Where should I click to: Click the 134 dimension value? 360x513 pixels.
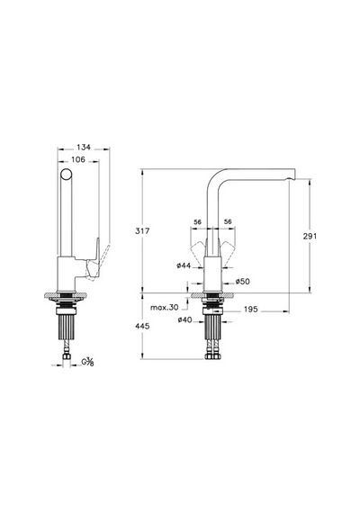coord(84,148)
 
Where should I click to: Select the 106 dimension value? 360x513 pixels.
coord(78,159)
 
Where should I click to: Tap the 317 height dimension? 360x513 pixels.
coord(142,231)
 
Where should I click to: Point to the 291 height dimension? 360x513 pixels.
coord(310,236)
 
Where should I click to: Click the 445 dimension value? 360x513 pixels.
coord(142,326)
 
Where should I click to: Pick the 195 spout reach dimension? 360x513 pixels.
coord(251,310)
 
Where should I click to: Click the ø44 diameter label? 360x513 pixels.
coord(184,265)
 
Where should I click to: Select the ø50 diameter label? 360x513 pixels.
coord(242,282)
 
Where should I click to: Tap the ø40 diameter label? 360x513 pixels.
coord(184,320)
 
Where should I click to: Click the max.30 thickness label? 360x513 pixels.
coord(165,308)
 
